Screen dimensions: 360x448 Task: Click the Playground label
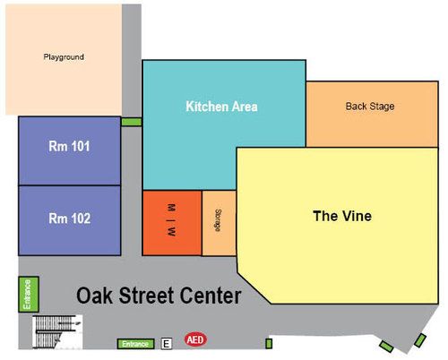pyautogui.click(x=64, y=57)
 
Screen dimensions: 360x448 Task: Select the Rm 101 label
pyautogui.click(x=69, y=146)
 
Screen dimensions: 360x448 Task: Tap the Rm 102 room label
pyautogui.click(x=69, y=218)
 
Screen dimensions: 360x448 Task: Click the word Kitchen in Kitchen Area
pyautogui.click(x=206, y=107)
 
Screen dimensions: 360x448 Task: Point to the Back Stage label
pyautogui.click(x=369, y=107)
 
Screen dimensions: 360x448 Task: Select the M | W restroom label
pyautogui.click(x=171, y=222)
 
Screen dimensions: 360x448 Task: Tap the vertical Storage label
pyautogui.click(x=218, y=222)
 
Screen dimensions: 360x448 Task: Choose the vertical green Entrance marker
pyautogui.click(x=26, y=295)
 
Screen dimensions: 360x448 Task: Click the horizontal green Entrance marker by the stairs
pyautogui.click(x=135, y=344)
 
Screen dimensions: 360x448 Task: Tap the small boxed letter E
pyautogui.click(x=167, y=343)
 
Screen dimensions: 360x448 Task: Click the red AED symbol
pyautogui.click(x=194, y=340)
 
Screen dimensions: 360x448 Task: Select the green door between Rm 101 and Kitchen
pyautogui.click(x=131, y=122)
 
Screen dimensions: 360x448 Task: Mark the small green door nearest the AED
pyautogui.click(x=268, y=343)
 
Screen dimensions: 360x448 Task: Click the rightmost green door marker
pyautogui.click(x=418, y=342)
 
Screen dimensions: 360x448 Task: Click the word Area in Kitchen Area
pyautogui.click(x=244, y=107)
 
